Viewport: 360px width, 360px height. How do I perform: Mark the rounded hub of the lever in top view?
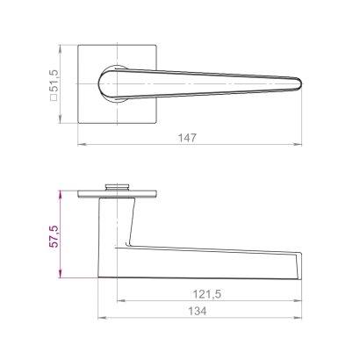(x=111, y=83)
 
